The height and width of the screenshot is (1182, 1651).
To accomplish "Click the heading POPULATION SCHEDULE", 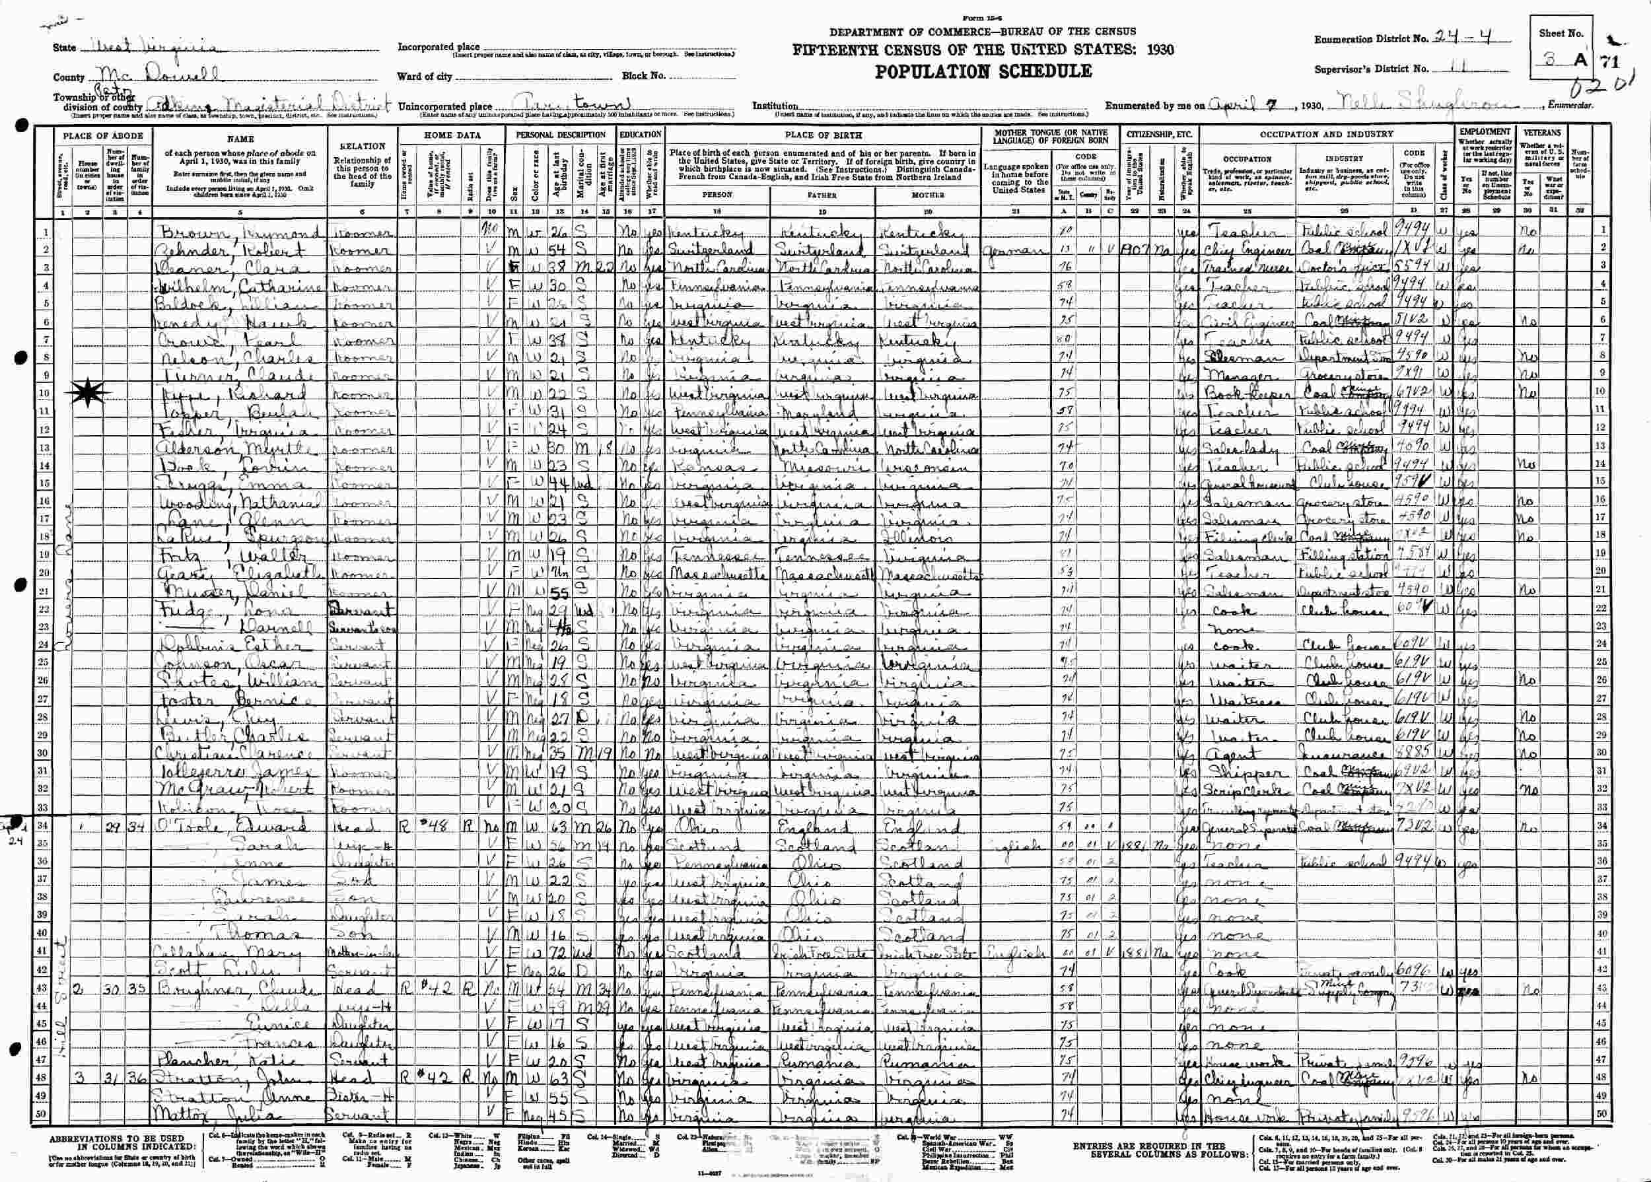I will tap(983, 71).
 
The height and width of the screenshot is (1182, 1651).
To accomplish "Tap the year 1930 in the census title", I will tap(1158, 50).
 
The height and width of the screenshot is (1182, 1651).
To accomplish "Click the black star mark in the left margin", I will tap(88, 393).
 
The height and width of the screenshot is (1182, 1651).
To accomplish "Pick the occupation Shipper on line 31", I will tap(1232, 774).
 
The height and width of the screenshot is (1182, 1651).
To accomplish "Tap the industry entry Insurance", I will tap(1335, 755).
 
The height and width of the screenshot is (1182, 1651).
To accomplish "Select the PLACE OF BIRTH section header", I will tap(824, 135).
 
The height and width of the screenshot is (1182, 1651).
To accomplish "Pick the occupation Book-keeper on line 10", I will tap(1236, 394).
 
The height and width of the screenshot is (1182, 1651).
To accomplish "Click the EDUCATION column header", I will tap(640, 135).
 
